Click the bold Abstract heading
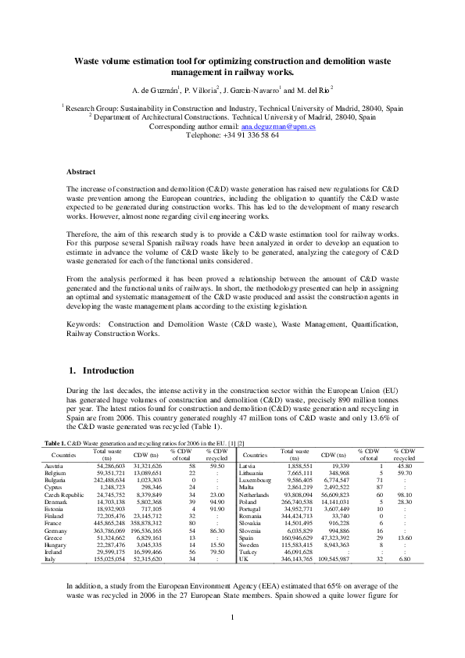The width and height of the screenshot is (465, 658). pyautogui.click(x=80, y=171)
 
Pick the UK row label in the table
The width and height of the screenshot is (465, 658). pyautogui.click(x=244, y=560)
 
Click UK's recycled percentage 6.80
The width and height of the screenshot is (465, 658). pyautogui.click(x=403, y=560)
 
